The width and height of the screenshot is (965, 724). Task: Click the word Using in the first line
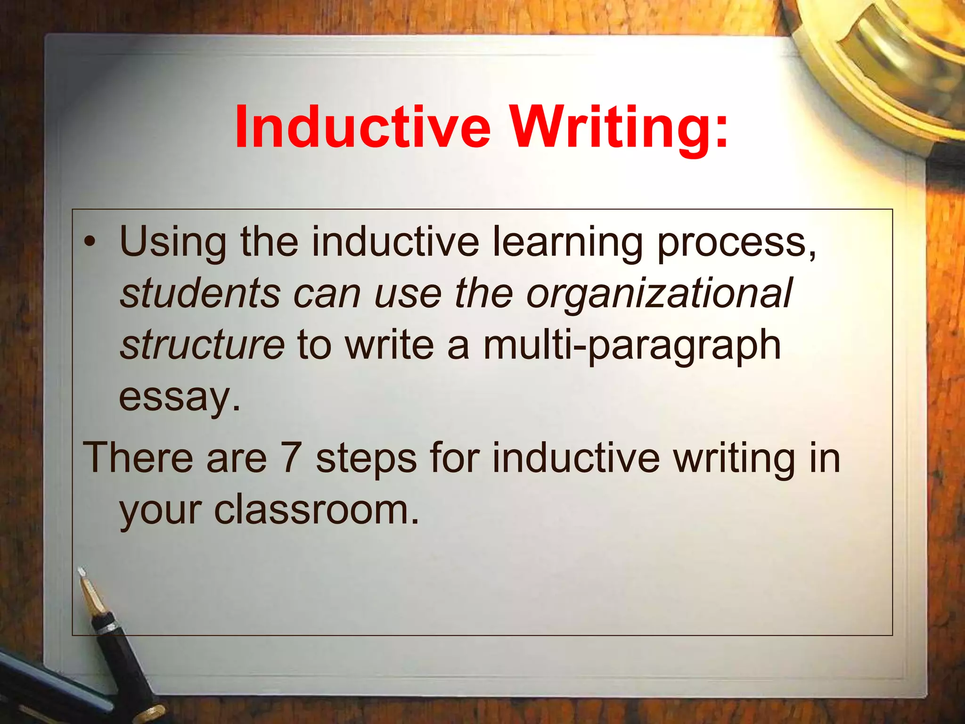pos(173,243)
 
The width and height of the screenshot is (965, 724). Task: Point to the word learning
pos(568,243)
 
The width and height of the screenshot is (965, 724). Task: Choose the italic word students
pos(201,293)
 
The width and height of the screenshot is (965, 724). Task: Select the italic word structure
pos(202,345)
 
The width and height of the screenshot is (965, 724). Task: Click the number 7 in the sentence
pos(291,458)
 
